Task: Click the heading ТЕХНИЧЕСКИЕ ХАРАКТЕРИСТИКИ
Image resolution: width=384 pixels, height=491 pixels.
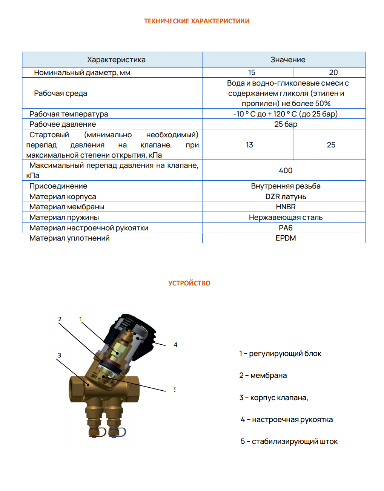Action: pos(197,21)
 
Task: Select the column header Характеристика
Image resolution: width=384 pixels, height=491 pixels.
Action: pos(116,60)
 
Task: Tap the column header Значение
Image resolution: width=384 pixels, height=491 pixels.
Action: pos(288,60)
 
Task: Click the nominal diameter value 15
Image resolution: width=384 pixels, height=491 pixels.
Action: pos(252,72)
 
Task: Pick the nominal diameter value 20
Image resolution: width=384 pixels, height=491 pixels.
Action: pos(333,72)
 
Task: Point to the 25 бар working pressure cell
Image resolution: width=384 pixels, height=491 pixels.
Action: pos(286,124)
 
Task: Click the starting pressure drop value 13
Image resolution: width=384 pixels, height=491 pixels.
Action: pos(249,145)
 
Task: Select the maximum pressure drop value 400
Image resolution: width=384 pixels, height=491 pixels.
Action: pos(286,170)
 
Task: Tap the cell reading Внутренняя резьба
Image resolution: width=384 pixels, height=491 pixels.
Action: pos(286,186)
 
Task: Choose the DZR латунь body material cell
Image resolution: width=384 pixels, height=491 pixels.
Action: pos(286,196)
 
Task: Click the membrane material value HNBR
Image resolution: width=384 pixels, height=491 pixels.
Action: pos(286,207)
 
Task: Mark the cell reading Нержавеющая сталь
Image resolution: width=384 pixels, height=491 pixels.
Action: pos(286,217)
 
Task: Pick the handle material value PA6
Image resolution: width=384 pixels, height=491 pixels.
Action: pos(286,228)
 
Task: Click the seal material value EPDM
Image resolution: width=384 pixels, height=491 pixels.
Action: pos(286,238)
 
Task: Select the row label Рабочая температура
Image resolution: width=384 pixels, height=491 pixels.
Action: pos(69,114)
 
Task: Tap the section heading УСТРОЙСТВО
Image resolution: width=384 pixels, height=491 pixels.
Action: pos(189,283)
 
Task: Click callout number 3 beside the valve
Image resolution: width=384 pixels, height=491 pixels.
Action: pos(59,355)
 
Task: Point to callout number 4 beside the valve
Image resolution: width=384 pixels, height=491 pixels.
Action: pos(175,345)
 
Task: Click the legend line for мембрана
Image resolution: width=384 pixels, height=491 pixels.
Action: pos(263,375)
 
